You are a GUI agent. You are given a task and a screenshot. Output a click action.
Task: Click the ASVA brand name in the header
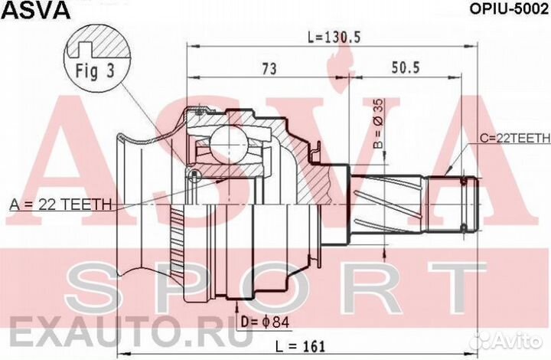pyautogui.click(x=36, y=10)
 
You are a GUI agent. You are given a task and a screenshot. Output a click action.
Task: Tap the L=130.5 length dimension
pyautogui.click(x=334, y=37)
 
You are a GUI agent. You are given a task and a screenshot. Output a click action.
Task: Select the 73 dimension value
pyautogui.click(x=269, y=69)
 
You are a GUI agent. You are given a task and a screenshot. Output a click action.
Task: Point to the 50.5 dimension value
pyautogui.click(x=406, y=67)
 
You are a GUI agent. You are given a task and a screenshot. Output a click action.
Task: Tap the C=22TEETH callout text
pyautogui.click(x=515, y=139)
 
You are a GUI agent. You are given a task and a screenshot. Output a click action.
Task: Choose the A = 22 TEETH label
pyautogui.click(x=60, y=205)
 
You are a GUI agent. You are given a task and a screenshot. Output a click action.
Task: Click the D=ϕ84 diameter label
pyautogui.click(x=265, y=322)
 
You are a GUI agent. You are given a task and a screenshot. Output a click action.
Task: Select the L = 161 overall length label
pyautogui.click(x=300, y=346)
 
